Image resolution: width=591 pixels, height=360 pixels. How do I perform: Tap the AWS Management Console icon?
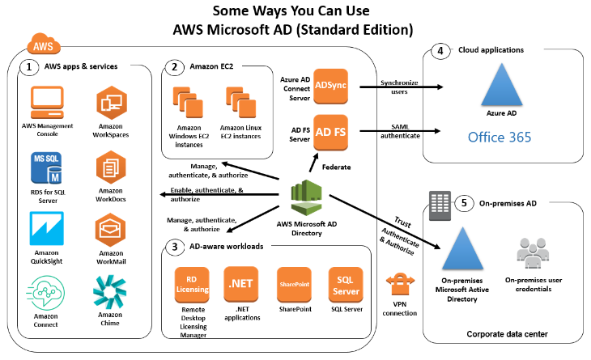[x=48, y=103]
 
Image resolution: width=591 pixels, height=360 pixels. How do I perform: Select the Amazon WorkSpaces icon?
[x=112, y=103]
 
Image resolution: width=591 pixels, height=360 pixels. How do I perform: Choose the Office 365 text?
[x=500, y=137]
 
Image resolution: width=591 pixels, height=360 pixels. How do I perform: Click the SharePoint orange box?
[x=294, y=284]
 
